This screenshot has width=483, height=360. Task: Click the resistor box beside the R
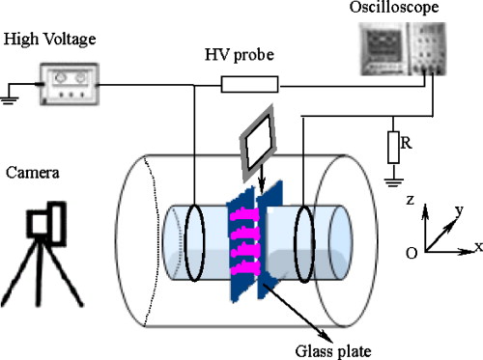tap(394, 148)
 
